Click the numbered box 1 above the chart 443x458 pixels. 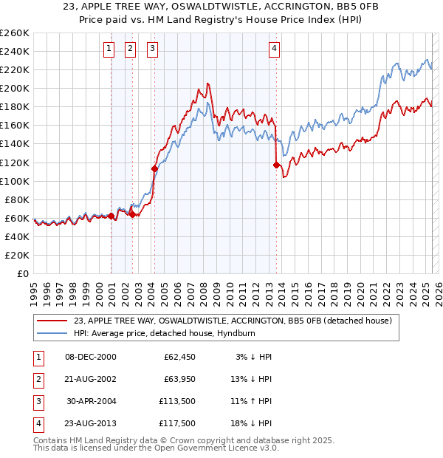click(109, 49)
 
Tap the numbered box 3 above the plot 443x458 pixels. click(152, 49)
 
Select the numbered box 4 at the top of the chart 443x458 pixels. click(274, 49)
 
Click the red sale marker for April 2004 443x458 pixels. click(154, 168)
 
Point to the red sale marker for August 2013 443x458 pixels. click(276, 165)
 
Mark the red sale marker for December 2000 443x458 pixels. click(111, 216)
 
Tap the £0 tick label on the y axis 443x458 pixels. click(22, 273)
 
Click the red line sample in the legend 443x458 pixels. click(52, 320)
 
